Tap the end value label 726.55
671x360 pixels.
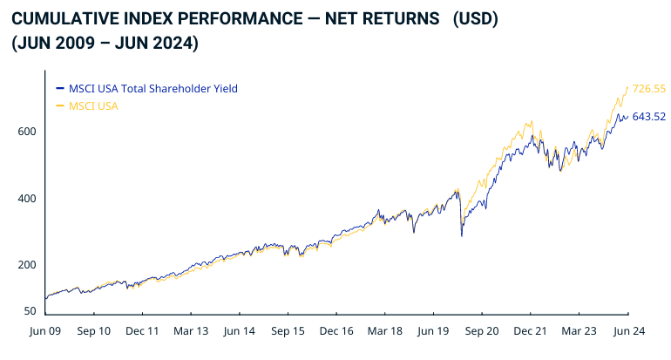click(x=649, y=89)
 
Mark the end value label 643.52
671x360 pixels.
click(x=649, y=116)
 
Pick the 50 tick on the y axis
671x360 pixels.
click(x=30, y=311)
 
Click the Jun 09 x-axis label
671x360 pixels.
click(x=44, y=332)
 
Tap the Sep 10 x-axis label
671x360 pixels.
click(x=93, y=332)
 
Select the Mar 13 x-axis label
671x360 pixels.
click(x=191, y=332)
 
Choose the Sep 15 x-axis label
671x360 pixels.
click(x=288, y=332)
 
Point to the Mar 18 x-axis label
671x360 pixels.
click(x=384, y=332)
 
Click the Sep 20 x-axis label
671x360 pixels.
click(x=481, y=332)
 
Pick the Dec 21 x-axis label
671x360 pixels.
click(x=530, y=332)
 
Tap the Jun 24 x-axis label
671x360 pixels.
click(x=627, y=332)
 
